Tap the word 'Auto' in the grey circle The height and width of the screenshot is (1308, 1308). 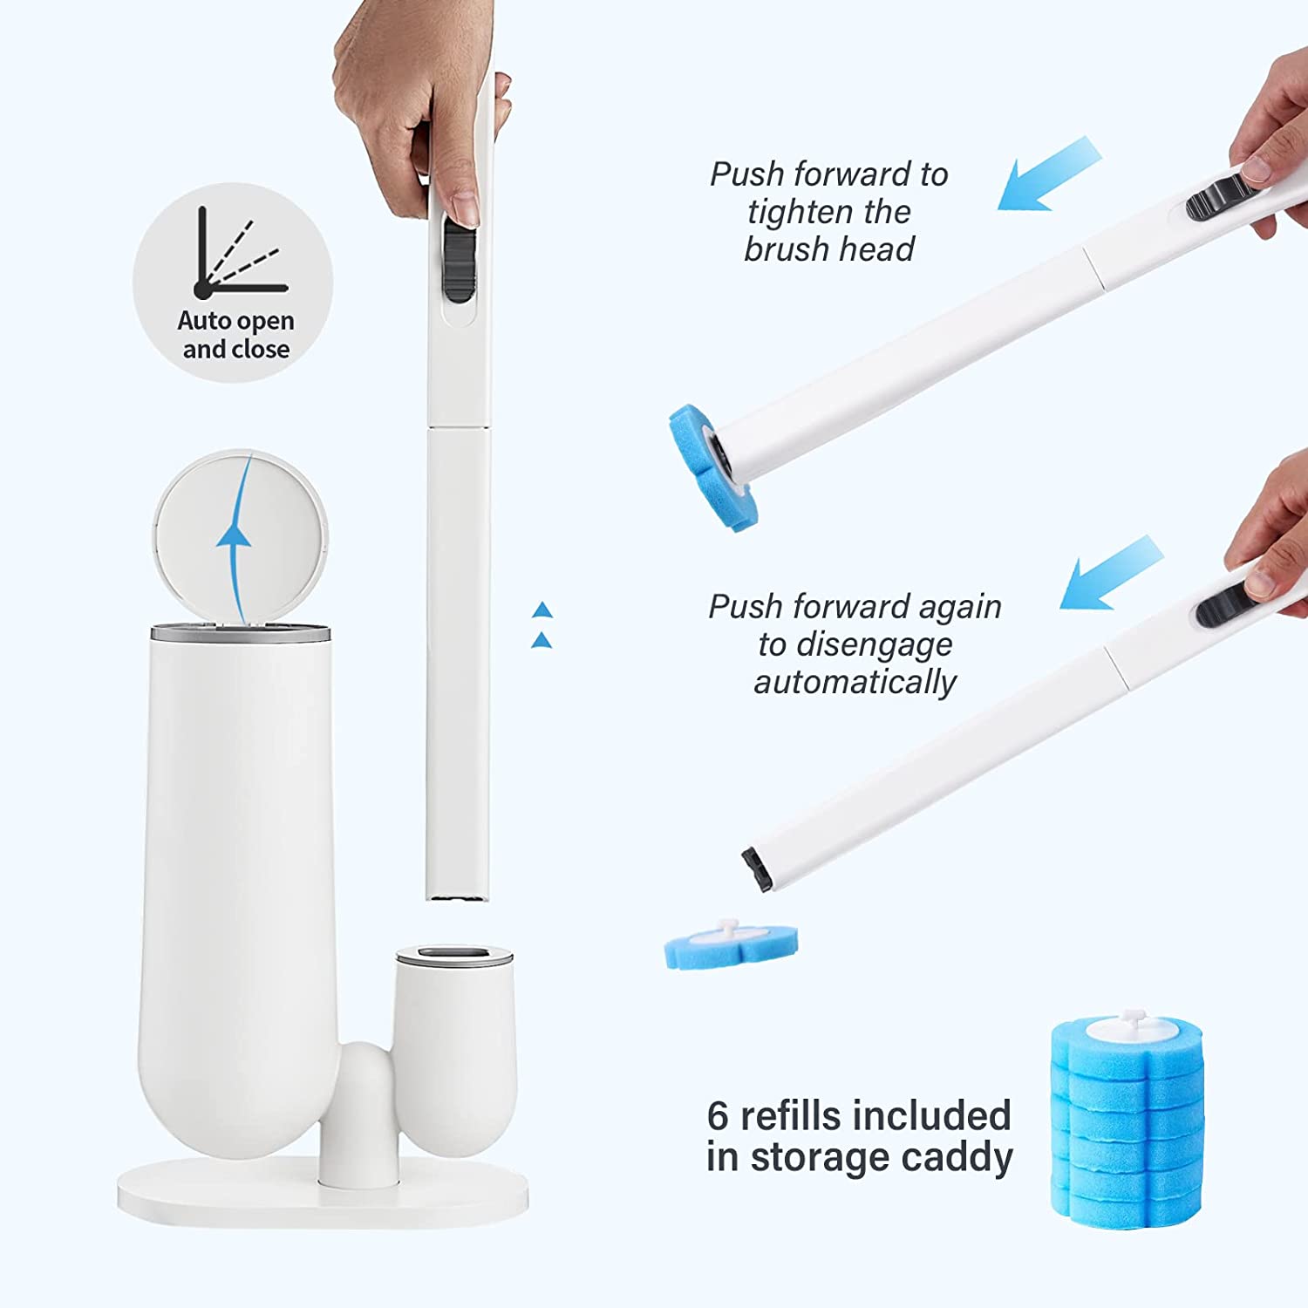tap(204, 321)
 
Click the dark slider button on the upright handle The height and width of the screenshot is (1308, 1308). tap(460, 259)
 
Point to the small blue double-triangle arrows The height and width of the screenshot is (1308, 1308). tap(542, 625)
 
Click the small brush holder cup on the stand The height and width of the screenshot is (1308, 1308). tap(453, 1046)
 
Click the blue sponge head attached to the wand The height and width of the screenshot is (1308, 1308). tap(712, 467)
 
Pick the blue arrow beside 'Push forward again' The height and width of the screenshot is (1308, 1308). tap(1110, 574)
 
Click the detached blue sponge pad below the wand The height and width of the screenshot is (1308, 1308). tap(730, 944)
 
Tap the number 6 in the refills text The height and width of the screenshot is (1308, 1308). tap(718, 1115)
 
